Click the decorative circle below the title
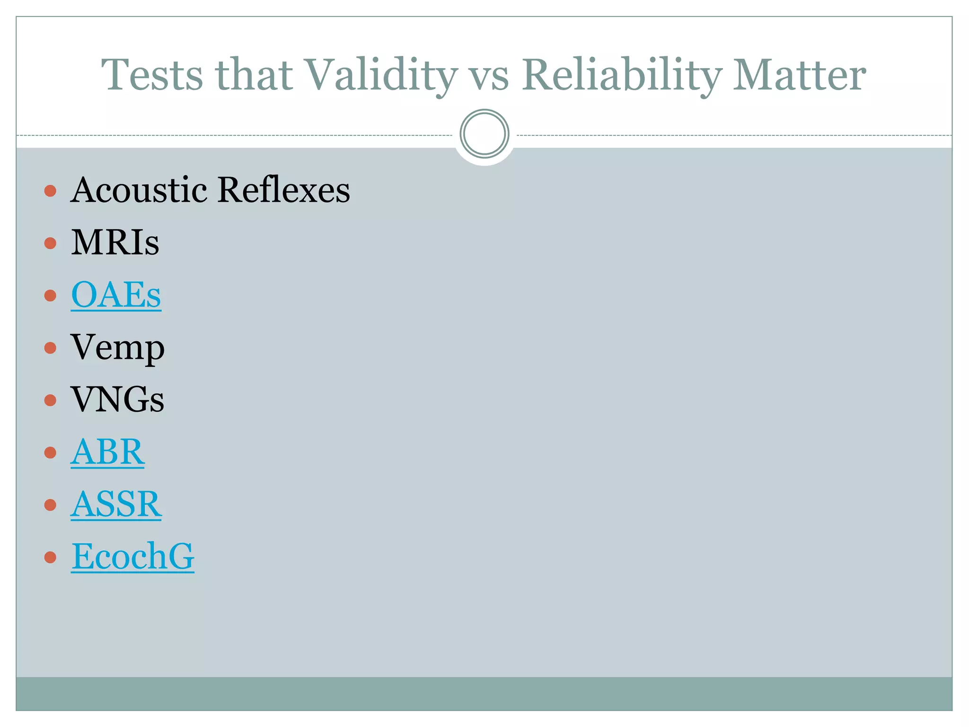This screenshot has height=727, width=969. click(484, 134)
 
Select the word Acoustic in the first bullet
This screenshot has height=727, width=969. click(139, 190)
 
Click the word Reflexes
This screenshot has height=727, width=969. click(284, 190)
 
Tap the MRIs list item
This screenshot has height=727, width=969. click(115, 242)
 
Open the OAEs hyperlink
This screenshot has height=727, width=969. click(116, 295)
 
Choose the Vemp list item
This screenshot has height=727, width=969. click(117, 348)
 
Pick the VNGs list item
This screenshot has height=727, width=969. click(117, 400)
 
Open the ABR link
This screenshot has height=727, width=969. click(108, 452)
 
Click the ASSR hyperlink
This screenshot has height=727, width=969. click(116, 505)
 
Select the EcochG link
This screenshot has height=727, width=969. click(132, 557)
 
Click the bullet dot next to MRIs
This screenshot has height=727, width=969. click(50, 243)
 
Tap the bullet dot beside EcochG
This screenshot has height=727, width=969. click(50, 557)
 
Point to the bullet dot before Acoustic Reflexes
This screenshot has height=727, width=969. click(50, 191)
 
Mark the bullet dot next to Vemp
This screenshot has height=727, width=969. click(50, 348)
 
